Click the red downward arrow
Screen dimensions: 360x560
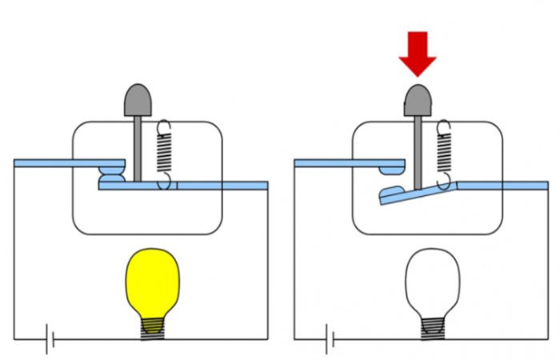click(x=418, y=52)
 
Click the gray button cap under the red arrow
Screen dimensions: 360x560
click(x=418, y=100)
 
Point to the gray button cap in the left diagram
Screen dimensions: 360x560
click(x=138, y=100)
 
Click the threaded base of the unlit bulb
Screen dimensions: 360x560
click(x=433, y=327)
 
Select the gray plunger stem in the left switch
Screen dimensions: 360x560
click(x=138, y=148)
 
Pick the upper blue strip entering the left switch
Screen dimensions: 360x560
click(x=64, y=163)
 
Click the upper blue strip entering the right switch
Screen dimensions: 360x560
click(x=344, y=163)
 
